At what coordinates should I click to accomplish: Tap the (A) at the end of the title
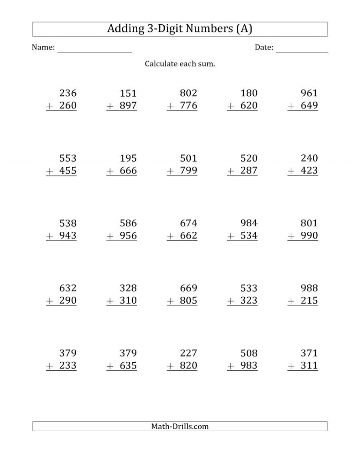243,29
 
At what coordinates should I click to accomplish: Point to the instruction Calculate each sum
180,64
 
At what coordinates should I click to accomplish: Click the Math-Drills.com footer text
180,426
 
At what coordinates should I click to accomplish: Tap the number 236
68,94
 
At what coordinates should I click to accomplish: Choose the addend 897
128,106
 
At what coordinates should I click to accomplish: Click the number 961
309,94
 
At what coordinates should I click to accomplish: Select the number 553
68,158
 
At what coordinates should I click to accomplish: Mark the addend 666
128,171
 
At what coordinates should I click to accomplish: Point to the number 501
189,158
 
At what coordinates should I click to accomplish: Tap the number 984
249,223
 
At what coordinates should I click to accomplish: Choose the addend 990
309,236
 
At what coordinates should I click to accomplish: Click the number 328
128,288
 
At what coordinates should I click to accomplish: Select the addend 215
309,301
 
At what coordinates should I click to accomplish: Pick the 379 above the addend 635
128,353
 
